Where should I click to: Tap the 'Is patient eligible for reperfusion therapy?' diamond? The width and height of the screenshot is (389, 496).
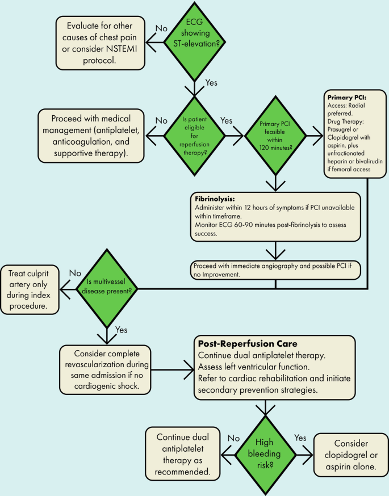(195, 137)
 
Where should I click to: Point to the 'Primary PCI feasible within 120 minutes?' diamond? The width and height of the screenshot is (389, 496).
(276, 137)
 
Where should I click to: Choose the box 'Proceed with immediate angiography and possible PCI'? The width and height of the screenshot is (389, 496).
(275, 270)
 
